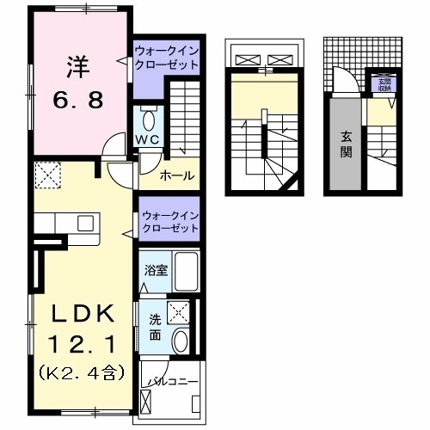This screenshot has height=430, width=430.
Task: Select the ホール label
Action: (177, 176)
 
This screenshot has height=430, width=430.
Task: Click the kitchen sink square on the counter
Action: (86, 223)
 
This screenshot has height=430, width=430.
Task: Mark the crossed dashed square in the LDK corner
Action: (46, 176)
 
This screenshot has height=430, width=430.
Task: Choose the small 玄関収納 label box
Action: (380, 84)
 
